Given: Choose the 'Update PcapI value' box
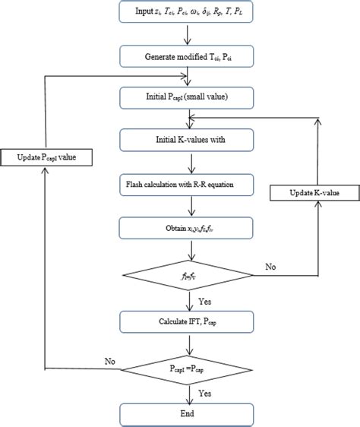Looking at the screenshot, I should [48, 157].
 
